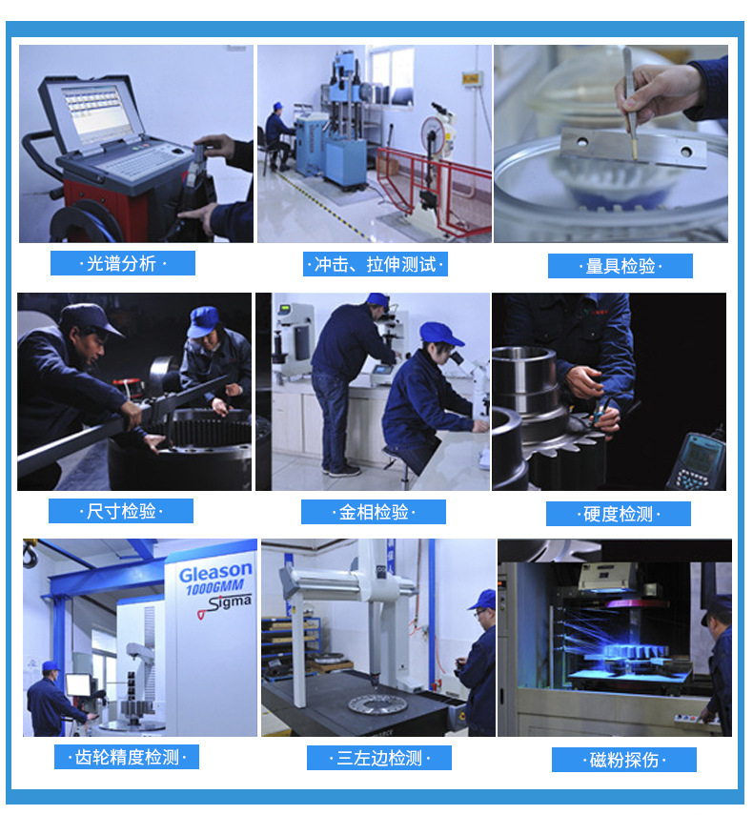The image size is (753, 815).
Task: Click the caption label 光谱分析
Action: pos(123,263)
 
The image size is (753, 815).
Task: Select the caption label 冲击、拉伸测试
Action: pos(376,264)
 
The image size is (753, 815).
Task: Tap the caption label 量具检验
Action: pos(621,266)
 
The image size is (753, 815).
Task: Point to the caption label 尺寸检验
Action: pos(121,512)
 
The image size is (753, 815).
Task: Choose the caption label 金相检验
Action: pos(374,512)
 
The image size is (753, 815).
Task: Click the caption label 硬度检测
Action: pos(619,514)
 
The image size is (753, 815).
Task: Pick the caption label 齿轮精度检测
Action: pos(127,757)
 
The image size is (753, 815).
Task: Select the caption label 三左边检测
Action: pos(379,758)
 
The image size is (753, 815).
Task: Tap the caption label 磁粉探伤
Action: pos(624,760)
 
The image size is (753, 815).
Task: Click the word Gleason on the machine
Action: pos(215,572)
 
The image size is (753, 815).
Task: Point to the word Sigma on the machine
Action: pos(229,603)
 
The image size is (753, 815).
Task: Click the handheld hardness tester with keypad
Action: pos(698,461)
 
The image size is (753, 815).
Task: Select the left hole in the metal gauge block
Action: pos(581,141)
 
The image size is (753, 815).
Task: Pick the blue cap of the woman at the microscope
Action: pos(439,334)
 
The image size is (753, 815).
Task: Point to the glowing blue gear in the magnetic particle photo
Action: pos(635,651)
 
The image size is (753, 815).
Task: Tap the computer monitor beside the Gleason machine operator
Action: pos(78,684)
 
